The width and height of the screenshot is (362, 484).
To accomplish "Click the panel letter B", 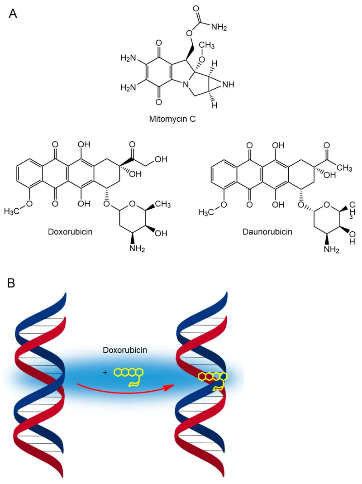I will (x=13, y=283).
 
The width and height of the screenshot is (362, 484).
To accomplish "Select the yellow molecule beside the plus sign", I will (x=129, y=375).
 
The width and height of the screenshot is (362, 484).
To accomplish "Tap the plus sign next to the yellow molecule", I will (x=105, y=372).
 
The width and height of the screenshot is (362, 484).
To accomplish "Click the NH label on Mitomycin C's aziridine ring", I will (x=230, y=84).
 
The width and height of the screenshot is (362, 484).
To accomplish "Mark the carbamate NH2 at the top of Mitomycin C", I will (x=218, y=28).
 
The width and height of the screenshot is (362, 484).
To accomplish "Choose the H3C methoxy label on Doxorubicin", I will (x=14, y=212).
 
